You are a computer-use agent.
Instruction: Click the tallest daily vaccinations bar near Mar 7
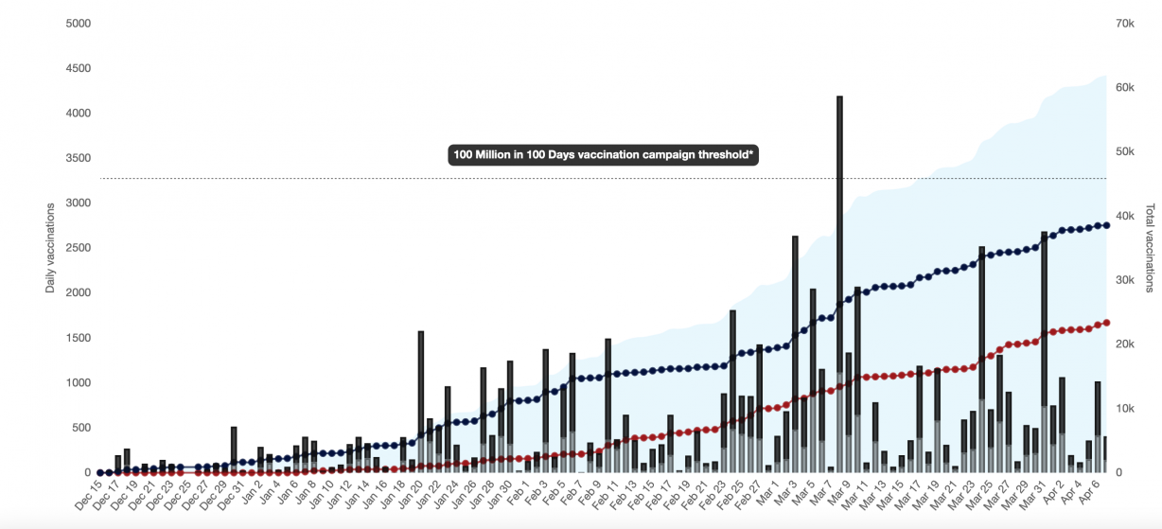[839, 284]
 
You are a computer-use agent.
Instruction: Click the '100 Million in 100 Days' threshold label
[604, 155]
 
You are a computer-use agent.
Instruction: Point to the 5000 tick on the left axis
[78, 23]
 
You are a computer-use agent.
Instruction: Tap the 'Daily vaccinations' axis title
[50, 248]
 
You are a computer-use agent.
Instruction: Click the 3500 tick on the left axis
[78, 158]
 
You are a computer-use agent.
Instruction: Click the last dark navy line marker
[1106, 225]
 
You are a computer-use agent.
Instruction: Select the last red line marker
[1106, 323]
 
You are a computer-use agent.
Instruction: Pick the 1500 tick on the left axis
[78, 338]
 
